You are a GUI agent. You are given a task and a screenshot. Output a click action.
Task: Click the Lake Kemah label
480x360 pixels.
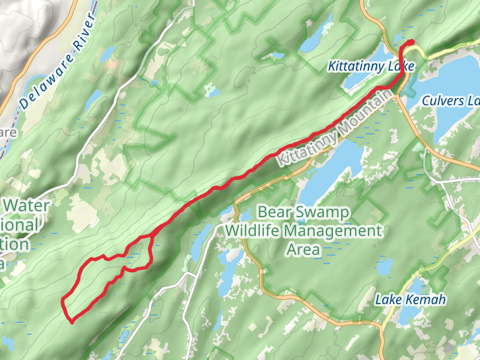pyautogui.click(x=410, y=300)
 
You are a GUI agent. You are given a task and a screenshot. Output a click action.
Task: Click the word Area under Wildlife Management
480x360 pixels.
pyautogui.click(x=304, y=249)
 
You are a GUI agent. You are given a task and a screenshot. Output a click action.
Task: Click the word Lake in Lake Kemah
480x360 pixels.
pyautogui.click(x=388, y=300)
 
